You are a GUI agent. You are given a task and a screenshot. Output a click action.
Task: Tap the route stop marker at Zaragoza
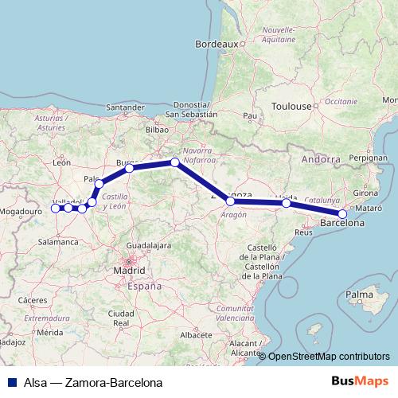[x=231, y=201]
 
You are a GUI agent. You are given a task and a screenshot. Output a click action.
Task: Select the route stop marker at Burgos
[x=129, y=168]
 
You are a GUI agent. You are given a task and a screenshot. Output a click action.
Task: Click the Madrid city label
[x=129, y=270]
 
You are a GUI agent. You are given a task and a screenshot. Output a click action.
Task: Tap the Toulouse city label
[x=291, y=106]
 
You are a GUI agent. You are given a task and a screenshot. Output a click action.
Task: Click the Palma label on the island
[x=360, y=295]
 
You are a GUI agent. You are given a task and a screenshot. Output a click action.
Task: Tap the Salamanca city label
[x=52, y=237]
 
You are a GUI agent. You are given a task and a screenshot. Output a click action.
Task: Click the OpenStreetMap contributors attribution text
[x=329, y=357]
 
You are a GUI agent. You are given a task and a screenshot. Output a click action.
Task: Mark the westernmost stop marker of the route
[x=55, y=209]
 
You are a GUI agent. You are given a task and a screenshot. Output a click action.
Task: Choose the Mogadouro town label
[x=21, y=212]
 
